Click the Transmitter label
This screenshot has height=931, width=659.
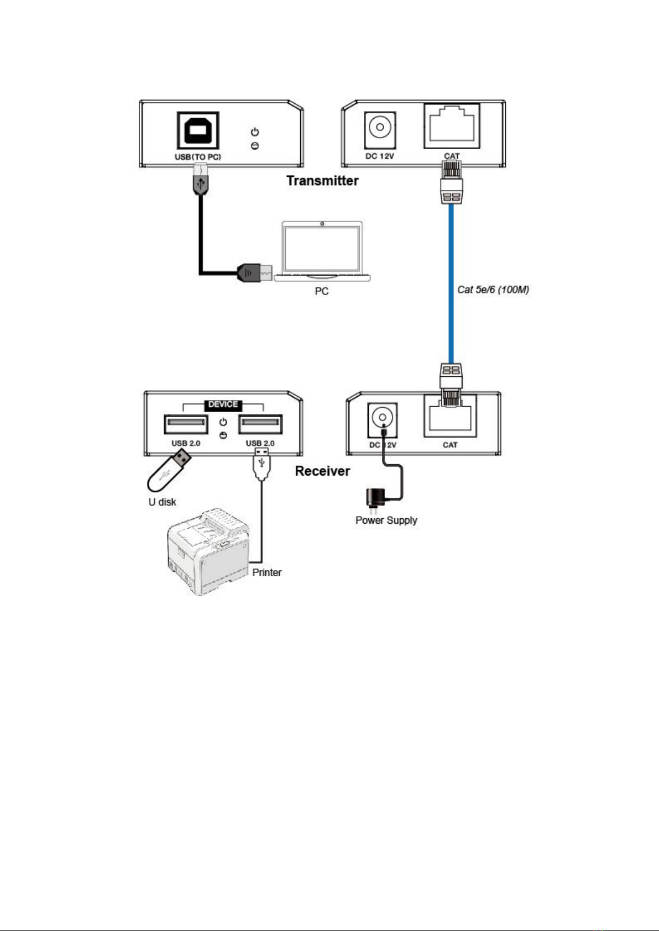coord(322,181)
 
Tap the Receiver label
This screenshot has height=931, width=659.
coord(322,471)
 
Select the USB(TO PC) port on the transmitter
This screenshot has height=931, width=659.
coord(198,130)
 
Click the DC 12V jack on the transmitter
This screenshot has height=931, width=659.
coord(379,129)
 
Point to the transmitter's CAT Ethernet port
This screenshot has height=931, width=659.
coord(452,127)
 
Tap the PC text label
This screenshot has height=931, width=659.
coord(322,291)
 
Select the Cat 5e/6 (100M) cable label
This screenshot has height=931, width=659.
coord(493,289)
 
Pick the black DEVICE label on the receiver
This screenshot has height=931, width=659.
coord(223,404)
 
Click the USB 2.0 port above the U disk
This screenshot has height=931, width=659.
coord(186,424)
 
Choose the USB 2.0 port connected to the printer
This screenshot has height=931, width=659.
coord(260,424)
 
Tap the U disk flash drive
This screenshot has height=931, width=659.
coord(168,471)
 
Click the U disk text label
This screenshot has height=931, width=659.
coord(162,502)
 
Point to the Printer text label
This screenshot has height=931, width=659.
coord(267,572)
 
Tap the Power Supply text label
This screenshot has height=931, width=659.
coord(386,520)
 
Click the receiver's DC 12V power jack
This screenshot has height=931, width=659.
coord(382,418)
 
